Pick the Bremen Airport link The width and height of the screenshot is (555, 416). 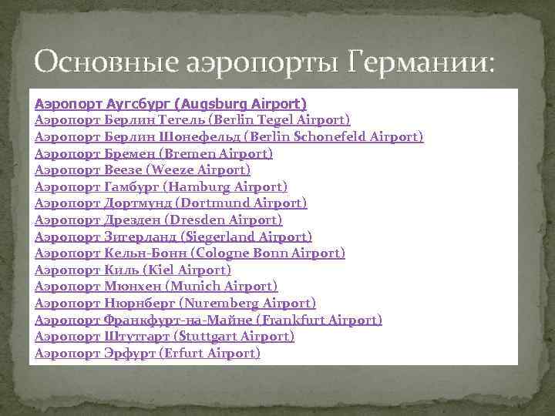click(154, 153)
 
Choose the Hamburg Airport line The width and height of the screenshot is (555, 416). click(161, 186)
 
